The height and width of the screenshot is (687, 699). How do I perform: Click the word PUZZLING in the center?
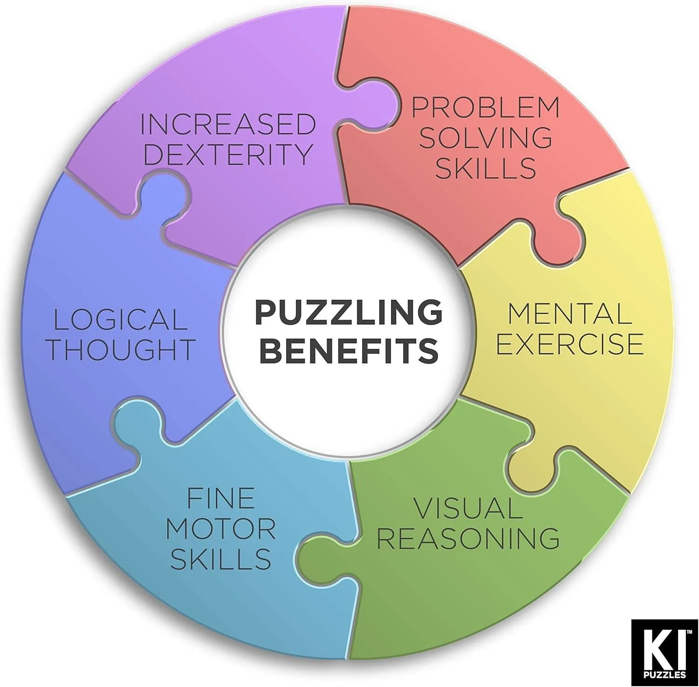click(x=349, y=312)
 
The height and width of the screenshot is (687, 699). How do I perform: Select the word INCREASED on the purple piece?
click(x=228, y=124)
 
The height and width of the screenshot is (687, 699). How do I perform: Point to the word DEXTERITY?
click(x=227, y=154)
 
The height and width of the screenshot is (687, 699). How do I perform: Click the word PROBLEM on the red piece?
click(x=485, y=107)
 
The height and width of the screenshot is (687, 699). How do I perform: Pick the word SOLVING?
click(x=485, y=138)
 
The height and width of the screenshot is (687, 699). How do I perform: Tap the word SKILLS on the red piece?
click(x=485, y=168)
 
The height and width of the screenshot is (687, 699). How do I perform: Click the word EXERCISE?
click(x=569, y=344)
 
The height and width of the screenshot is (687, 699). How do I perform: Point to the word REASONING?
click(x=468, y=538)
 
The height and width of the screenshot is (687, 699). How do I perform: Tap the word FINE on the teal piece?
click(x=220, y=498)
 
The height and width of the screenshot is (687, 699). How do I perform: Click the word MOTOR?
click(x=220, y=529)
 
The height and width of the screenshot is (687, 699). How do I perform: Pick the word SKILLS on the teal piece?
click(x=220, y=559)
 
